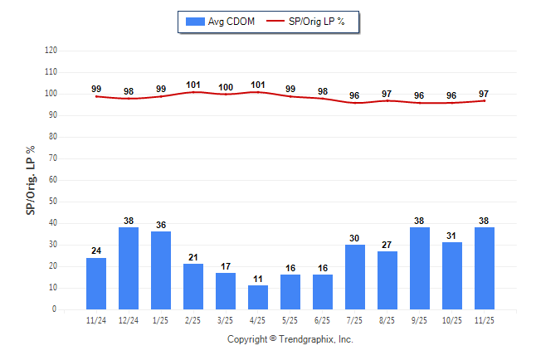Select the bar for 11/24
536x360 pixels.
coord(96,284)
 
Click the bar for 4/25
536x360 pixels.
coord(258,297)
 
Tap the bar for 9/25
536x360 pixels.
coord(420,269)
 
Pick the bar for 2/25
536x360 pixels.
coord(193,286)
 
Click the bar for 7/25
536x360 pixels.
coord(355,277)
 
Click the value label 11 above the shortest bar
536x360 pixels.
coord(258,279)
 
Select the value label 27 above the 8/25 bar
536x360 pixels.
coord(387,245)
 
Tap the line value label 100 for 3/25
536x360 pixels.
coord(226,87)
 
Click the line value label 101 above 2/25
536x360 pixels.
coord(193,85)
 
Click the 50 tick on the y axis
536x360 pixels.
coord(53,202)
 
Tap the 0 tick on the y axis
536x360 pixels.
coord(55,309)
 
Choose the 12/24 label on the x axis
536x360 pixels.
coord(129,320)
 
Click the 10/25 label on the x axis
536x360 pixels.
coord(452,320)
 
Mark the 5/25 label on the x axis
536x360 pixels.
coord(290,320)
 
